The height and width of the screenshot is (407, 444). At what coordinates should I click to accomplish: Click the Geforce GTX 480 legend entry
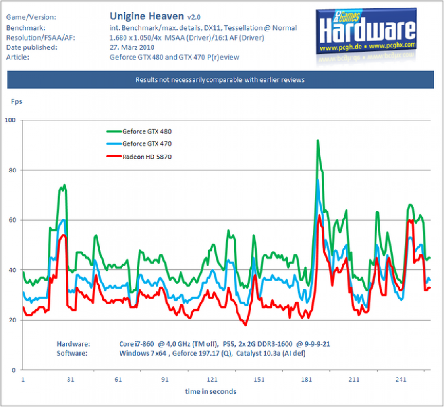(139, 132)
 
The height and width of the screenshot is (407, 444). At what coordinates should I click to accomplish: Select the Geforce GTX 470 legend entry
(139, 144)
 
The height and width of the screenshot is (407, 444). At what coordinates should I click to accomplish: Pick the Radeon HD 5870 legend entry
(139, 157)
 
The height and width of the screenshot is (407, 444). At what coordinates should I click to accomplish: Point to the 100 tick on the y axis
(10, 120)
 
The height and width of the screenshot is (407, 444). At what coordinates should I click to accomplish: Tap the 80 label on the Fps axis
(12, 171)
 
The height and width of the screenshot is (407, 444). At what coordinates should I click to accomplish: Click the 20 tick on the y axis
(12, 320)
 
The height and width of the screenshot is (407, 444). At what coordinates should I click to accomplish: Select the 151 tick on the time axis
(259, 380)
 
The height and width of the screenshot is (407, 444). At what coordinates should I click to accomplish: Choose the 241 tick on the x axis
(401, 380)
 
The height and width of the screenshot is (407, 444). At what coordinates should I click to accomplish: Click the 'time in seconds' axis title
(210, 391)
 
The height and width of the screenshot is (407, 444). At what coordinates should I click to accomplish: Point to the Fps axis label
(16, 101)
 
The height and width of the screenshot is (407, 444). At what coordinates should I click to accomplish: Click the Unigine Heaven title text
(147, 16)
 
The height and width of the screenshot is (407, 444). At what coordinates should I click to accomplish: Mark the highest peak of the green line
(318, 140)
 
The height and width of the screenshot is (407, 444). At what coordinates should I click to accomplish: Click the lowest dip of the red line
(245, 325)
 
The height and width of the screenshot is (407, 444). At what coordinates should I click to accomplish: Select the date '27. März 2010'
(132, 47)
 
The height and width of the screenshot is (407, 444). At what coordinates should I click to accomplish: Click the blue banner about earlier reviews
(220, 80)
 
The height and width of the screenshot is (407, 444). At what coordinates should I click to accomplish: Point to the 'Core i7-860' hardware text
(137, 344)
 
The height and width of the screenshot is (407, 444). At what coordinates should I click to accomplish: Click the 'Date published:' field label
(32, 47)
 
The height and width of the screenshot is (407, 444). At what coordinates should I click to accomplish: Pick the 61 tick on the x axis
(118, 380)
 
